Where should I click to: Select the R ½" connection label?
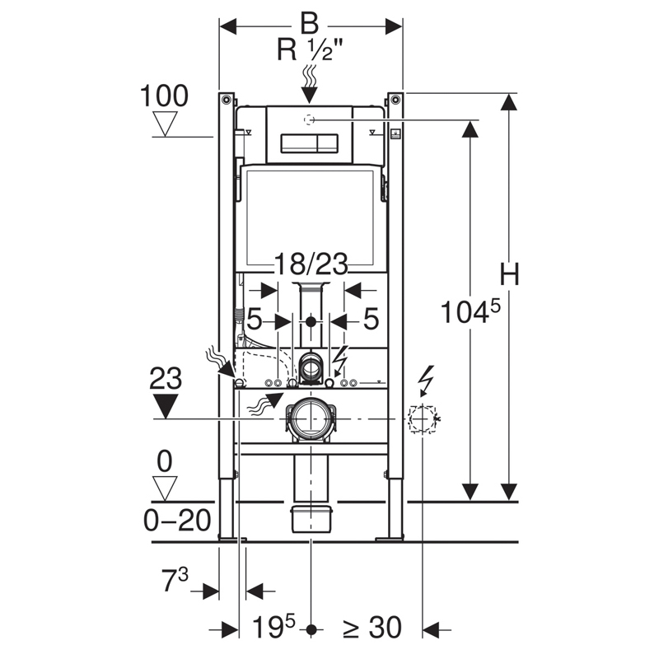pos(311,51)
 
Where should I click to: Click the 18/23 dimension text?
pos(311,264)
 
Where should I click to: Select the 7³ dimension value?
pos(175,581)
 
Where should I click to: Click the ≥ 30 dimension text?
pos(372,629)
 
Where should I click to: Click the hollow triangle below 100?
pos(167,124)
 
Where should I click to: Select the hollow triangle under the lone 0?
pos(166,488)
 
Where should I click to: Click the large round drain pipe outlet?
pos(311,418)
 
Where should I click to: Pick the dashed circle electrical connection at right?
pos(422,420)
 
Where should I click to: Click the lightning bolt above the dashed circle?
pos(426,380)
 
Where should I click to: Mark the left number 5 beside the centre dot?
pos(255,319)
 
